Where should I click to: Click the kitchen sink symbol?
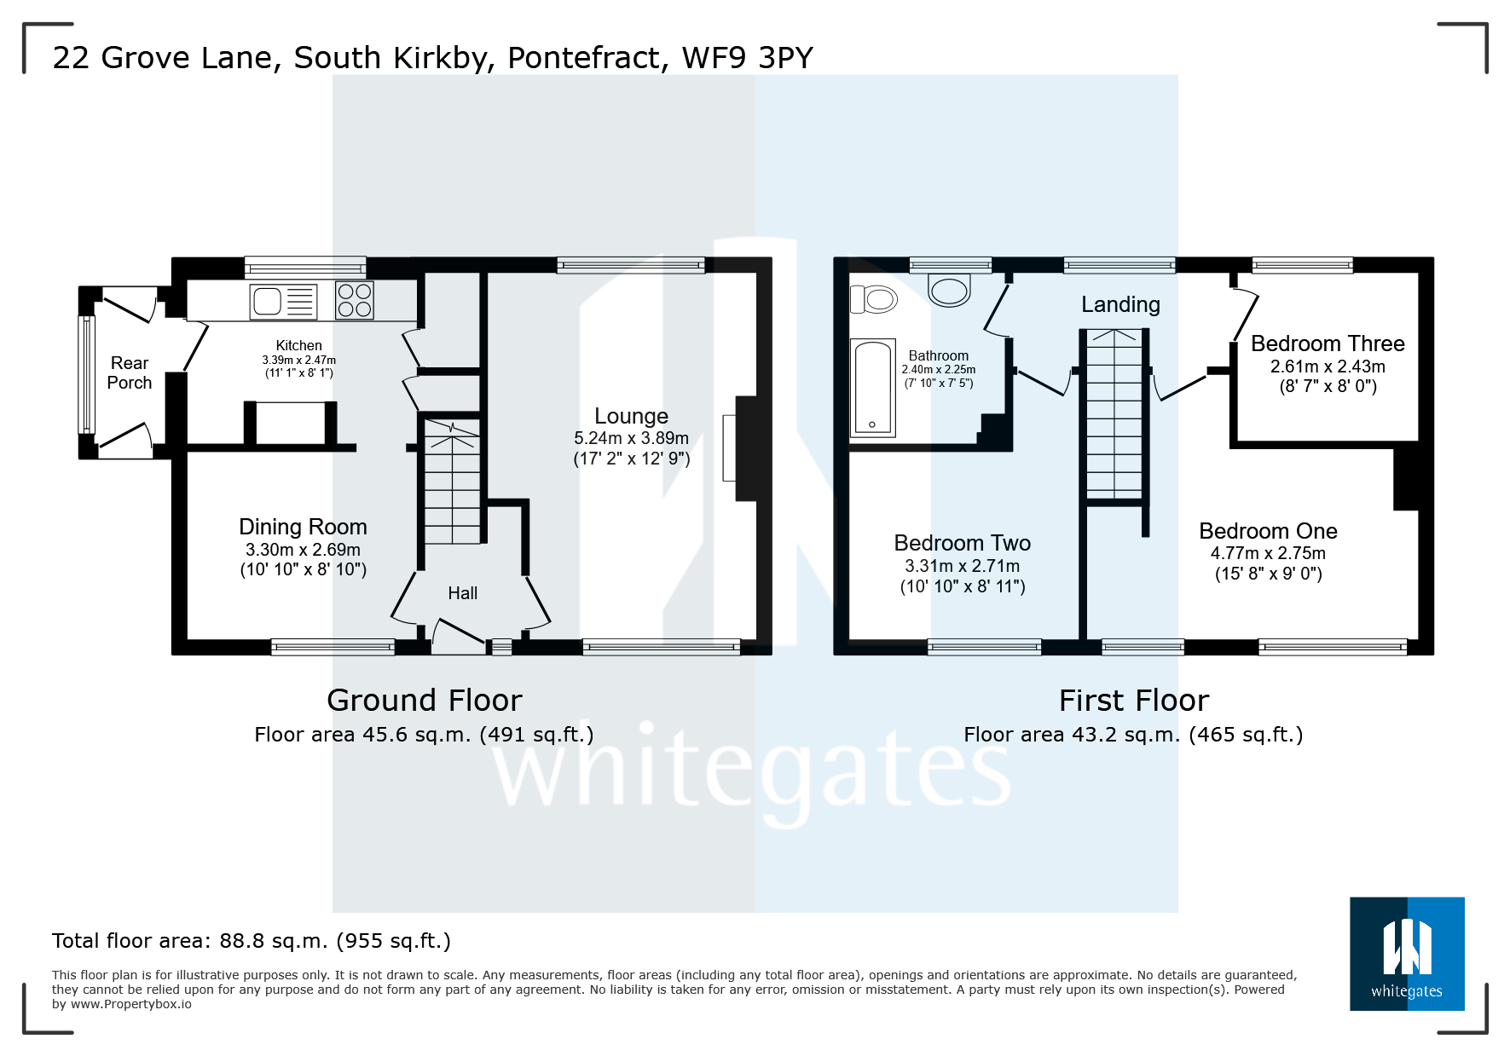coord(283,302)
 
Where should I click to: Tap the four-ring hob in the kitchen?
coord(355,300)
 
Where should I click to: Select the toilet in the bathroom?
coord(874,299)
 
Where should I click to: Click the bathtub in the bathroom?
coord(872,388)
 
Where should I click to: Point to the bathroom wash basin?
coord(949,290)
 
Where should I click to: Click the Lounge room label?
coord(631,416)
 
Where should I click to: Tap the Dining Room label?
coord(303,527)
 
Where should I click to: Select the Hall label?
coord(463,593)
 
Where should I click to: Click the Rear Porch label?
coord(130,373)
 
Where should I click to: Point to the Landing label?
coord(1120,305)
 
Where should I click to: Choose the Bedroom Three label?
coord(1328,343)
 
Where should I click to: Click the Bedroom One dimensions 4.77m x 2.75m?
coord(1268,553)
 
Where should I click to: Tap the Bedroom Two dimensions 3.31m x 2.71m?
coord(962,566)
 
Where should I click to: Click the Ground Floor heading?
coord(425,701)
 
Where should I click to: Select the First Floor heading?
coord(1134,701)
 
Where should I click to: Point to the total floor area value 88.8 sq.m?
coord(274,941)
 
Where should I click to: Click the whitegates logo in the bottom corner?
coord(1407,954)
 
